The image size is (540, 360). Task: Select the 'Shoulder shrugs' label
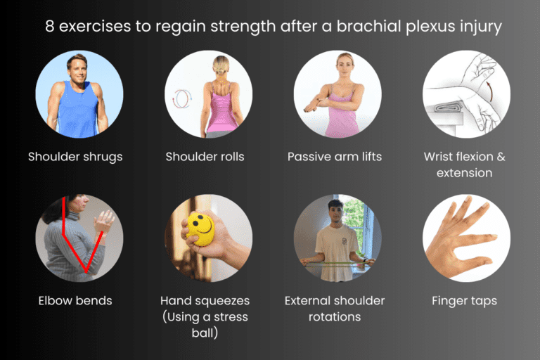(75, 156)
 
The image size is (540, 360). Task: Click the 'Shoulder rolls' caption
(205, 156)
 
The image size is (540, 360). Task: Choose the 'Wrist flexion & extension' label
(464, 164)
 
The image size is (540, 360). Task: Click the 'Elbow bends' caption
(75, 300)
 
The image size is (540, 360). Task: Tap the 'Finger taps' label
(464, 300)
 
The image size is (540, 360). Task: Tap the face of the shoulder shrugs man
(76, 68)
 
